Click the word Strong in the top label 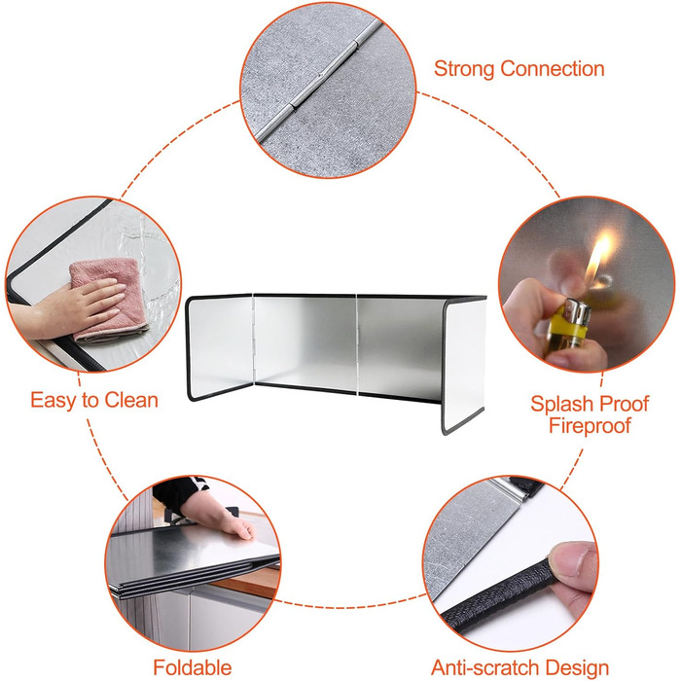point(464,69)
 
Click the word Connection point(553,69)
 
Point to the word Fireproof point(590,426)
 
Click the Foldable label point(193,667)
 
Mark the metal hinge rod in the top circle point(320,82)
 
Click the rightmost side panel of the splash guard point(463,366)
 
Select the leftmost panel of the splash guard point(220,346)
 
